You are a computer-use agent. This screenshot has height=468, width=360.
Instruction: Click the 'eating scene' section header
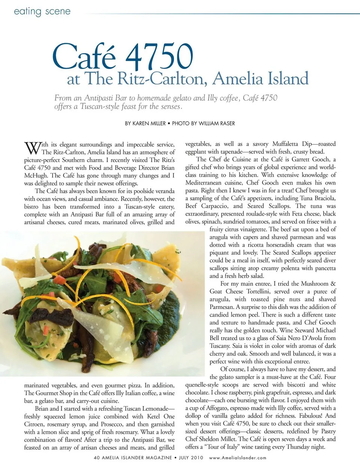[x=42, y=11]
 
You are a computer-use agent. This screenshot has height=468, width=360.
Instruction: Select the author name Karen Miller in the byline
[x=149, y=123]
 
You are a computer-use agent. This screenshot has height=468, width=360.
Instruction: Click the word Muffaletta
[x=286, y=144]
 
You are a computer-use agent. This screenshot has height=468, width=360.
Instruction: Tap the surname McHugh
[x=36, y=176]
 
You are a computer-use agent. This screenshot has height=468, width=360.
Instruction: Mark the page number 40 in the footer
[x=97, y=457]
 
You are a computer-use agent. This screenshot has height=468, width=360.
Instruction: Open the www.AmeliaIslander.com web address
[x=238, y=457]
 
